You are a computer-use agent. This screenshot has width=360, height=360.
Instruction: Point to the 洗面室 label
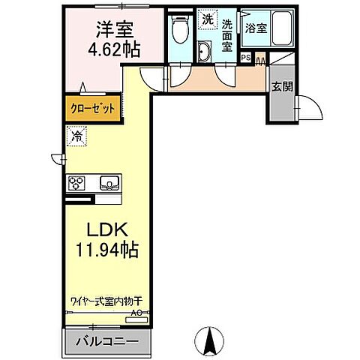[227, 34]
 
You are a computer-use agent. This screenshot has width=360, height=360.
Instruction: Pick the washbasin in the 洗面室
[205, 49]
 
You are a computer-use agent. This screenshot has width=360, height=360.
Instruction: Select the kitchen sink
[108, 182]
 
